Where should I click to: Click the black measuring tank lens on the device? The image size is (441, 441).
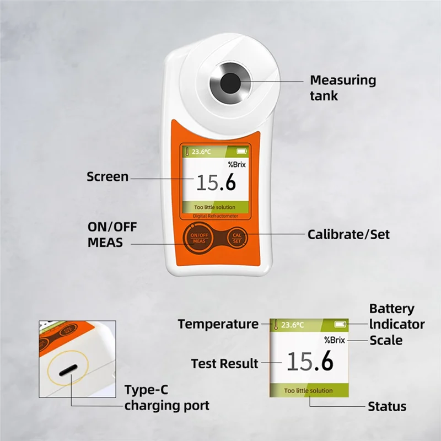[x=230, y=83]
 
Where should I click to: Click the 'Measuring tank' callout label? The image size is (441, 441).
[x=342, y=88]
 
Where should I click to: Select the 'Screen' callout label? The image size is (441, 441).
[x=107, y=177]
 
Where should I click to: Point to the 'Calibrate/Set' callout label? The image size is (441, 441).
[x=348, y=234]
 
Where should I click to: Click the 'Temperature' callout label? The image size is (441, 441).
[x=218, y=324]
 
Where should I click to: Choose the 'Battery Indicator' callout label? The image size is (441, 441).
[x=396, y=316]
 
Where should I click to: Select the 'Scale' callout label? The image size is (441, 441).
[x=386, y=340]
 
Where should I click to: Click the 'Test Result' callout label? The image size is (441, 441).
[x=224, y=364]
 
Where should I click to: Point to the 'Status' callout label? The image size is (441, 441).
[x=387, y=407]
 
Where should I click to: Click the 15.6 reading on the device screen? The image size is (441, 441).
[x=216, y=182]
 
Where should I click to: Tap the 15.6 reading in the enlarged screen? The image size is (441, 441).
[x=310, y=362]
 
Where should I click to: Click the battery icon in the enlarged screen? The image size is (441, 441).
[x=341, y=324]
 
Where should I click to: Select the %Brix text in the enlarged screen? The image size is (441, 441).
[x=334, y=340]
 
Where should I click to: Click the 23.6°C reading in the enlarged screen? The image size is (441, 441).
[x=292, y=325]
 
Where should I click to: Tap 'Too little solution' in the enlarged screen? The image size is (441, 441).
[x=309, y=391]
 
